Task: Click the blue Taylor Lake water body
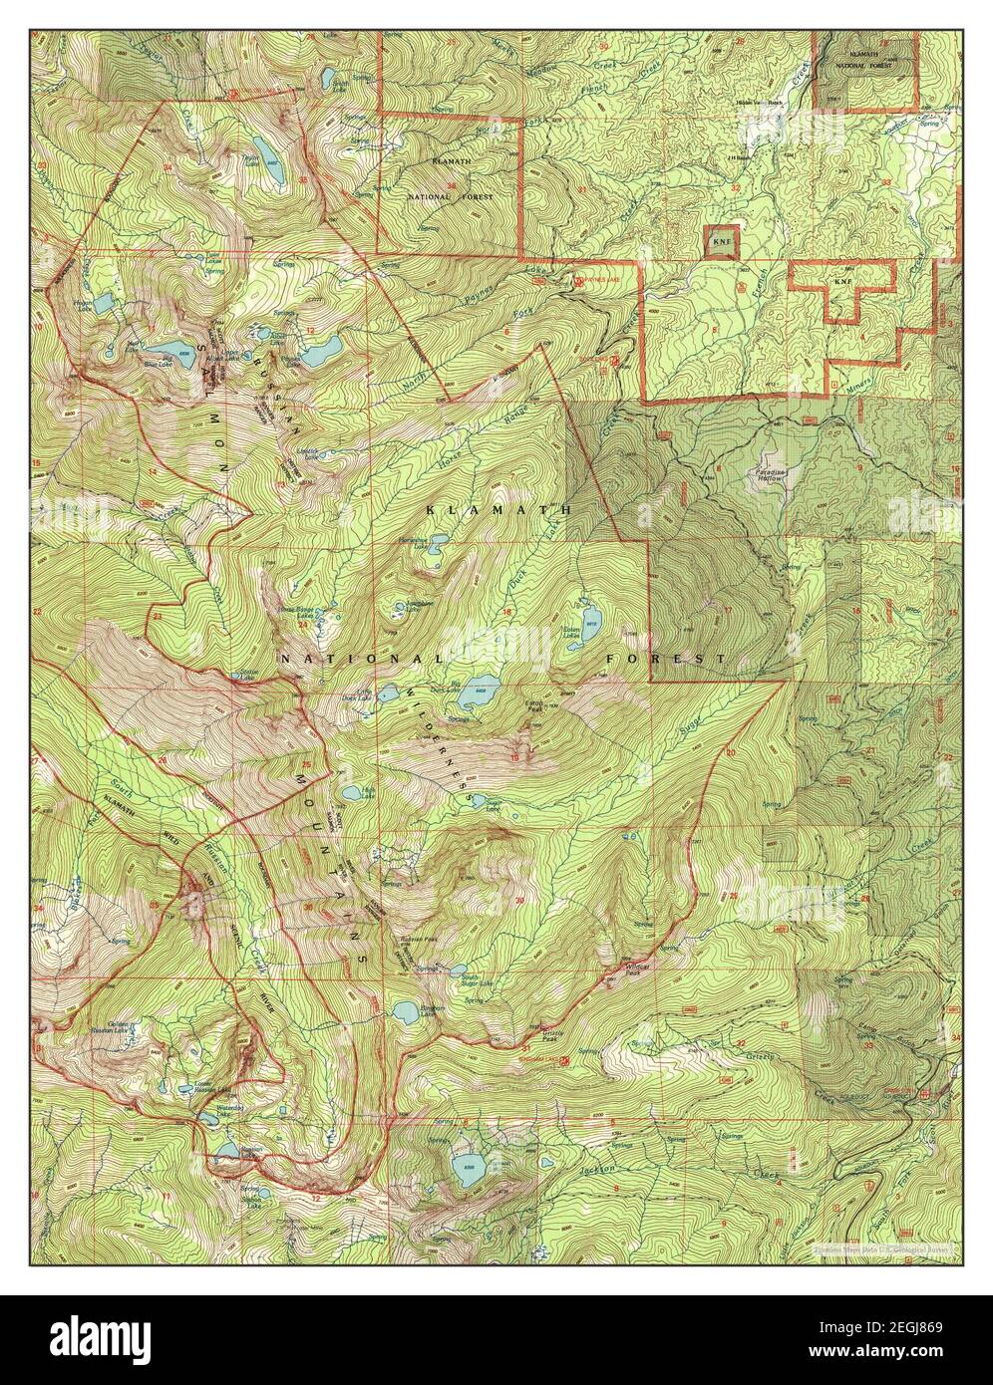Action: point(266,169)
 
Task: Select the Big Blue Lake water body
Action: point(174,350)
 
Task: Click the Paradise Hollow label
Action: point(773,475)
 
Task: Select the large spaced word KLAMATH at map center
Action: point(496,508)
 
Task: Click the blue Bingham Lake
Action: point(405,1012)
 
